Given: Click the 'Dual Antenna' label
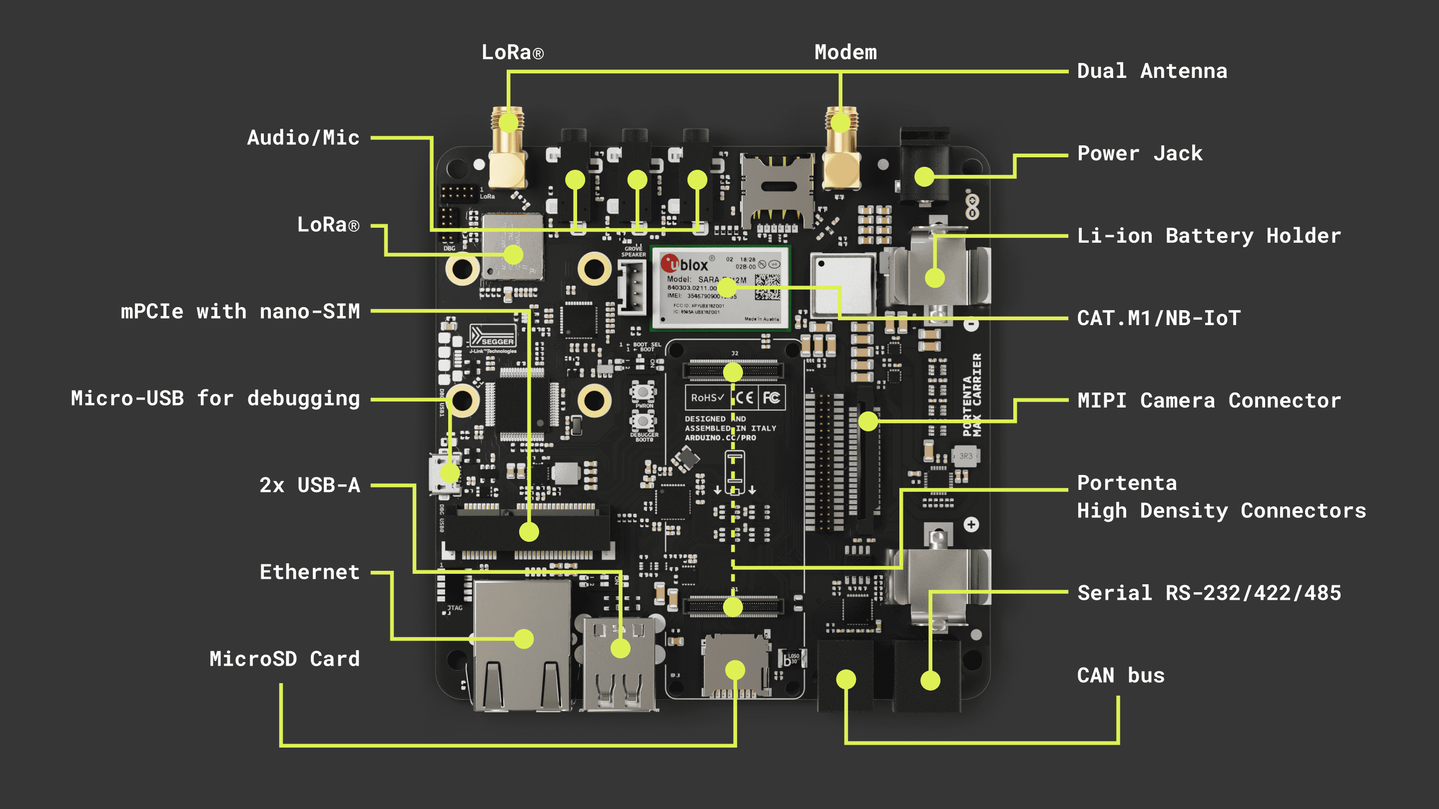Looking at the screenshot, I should tap(1151, 71).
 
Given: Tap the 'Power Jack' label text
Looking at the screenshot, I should tap(1140, 153).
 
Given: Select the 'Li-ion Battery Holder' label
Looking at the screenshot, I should tap(1209, 236).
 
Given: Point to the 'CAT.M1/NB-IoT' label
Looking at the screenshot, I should tap(1159, 318).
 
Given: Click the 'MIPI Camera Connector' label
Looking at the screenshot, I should tap(1209, 401).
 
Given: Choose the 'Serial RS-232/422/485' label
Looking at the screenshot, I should tap(1209, 593).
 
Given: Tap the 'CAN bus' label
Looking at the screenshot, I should tap(1121, 676).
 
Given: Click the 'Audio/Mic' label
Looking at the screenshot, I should tap(303, 138).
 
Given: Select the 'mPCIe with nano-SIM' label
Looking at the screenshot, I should tap(240, 312).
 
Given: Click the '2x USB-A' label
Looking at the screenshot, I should tap(309, 485).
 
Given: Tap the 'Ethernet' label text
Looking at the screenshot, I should tap(309, 572).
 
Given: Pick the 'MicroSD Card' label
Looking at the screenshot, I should tap(284, 659).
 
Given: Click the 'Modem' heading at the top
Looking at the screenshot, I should tap(845, 52).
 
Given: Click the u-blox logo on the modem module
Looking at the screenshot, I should tap(685, 264).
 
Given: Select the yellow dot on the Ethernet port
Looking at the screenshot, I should tap(524, 639).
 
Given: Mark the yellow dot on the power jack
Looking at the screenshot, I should tap(924, 177).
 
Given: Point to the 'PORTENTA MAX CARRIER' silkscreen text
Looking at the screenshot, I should tap(972, 395).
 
